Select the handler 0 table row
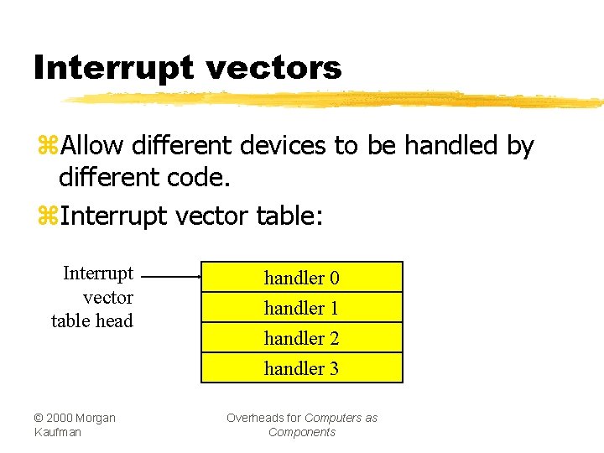pyautogui.click(x=302, y=278)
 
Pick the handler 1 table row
pyautogui.click(x=302, y=308)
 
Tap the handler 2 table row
pyautogui.click(x=302, y=338)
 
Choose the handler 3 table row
pyautogui.click(x=302, y=368)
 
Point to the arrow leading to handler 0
pyautogui.click(x=172, y=275)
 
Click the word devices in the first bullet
pyautogui.click(x=284, y=146)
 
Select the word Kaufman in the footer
pyautogui.click(x=58, y=432)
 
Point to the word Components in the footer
pyautogui.click(x=302, y=432)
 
